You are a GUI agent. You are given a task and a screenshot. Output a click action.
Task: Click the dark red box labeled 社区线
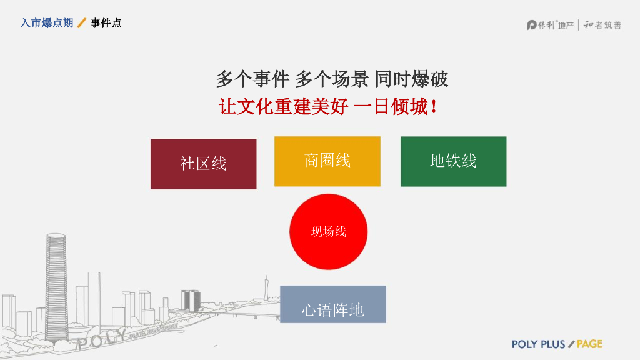pos(203,164)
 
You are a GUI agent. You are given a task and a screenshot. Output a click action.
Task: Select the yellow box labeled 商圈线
pos(327,161)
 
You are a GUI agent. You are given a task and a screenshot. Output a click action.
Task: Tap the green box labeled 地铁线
pos(453,161)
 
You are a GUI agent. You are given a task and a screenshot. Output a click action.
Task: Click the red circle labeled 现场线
pos(328,232)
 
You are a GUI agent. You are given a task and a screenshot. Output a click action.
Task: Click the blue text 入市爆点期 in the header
pos(46,23)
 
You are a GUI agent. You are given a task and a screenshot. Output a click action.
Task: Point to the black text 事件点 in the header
pos(106,23)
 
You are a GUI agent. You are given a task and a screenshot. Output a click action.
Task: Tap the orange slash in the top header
pos(81,23)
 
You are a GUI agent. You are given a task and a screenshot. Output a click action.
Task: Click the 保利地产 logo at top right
pos(550,25)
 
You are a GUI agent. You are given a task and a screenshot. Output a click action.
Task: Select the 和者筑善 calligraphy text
pos(602,25)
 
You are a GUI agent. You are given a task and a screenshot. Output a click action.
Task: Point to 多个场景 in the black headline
pos(331,79)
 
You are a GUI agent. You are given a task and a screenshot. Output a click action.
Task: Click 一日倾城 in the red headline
pos(390,106)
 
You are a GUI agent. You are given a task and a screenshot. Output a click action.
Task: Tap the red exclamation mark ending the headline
pos(434,106)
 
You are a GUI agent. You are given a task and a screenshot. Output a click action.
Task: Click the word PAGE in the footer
pos(589,344)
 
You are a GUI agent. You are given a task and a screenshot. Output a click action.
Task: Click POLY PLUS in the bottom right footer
pos(538,344)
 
